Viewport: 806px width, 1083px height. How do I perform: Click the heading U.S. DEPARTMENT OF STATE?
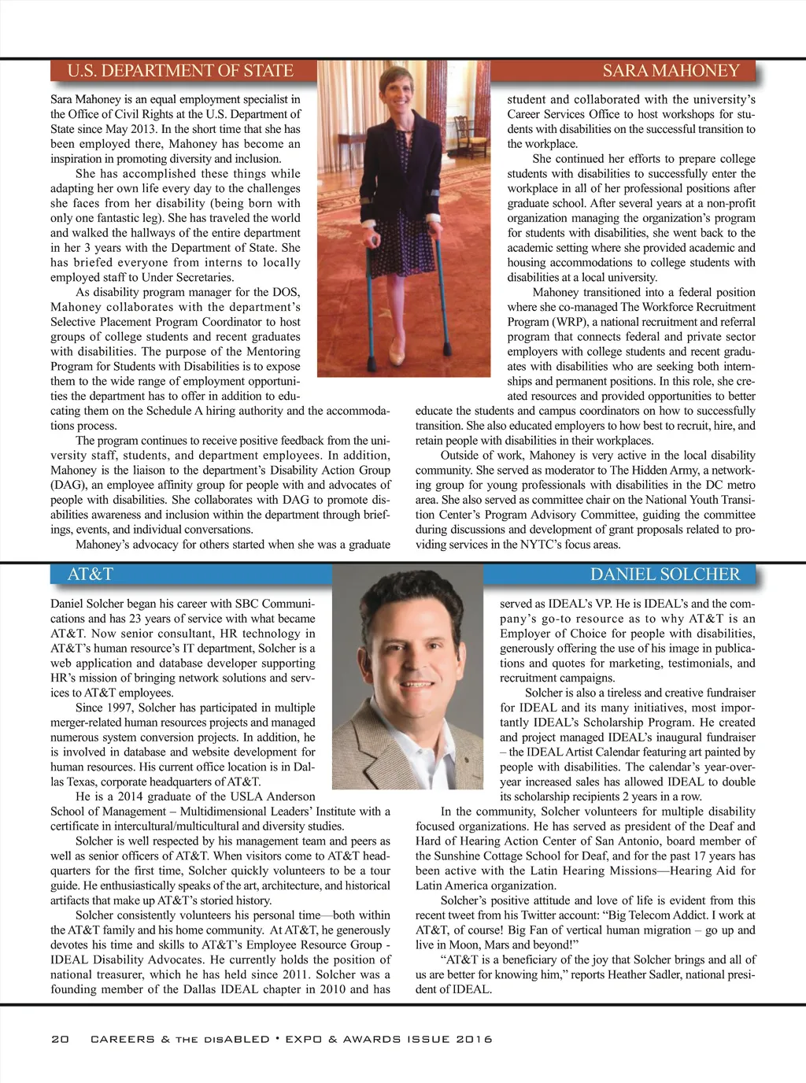(x=180, y=71)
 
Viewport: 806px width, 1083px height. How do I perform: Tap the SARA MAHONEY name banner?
(x=671, y=71)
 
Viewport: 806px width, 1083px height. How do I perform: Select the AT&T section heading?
(x=90, y=575)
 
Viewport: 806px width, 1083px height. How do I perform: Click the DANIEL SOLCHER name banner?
(x=665, y=575)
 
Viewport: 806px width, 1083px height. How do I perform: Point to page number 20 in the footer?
(x=60, y=1039)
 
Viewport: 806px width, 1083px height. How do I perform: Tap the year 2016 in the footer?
(x=474, y=1039)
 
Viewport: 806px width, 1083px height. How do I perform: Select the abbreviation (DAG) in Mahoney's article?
(x=67, y=485)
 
